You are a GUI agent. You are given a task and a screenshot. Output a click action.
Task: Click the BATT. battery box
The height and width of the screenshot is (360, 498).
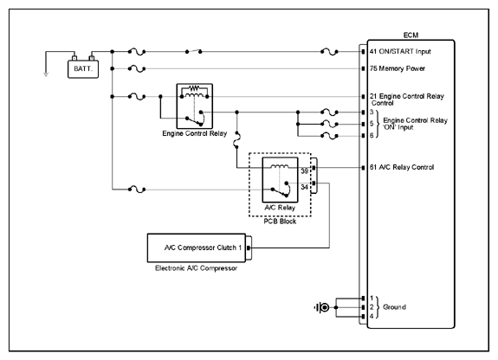tap(83, 68)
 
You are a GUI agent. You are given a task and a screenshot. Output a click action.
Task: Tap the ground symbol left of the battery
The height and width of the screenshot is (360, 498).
tap(46, 74)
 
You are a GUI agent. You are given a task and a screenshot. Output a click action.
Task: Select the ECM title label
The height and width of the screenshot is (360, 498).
tap(411, 35)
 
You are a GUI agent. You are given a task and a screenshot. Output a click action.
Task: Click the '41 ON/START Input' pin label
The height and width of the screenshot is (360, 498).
tap(400, 51)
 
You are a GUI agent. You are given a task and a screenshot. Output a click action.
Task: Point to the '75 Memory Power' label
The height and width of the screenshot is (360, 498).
tap(397, 68)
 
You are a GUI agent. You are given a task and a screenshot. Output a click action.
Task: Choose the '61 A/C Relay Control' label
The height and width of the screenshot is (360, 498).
tap(402, 167)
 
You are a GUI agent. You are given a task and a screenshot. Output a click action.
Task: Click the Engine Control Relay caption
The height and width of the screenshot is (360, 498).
tap(194, 133)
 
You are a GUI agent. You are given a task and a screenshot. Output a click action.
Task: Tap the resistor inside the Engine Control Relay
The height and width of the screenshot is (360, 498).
tap(194, 87)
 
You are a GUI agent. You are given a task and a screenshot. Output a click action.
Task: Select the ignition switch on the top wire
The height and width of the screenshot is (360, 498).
tap(193, 51)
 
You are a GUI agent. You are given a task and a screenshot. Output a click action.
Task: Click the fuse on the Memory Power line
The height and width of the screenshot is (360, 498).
tap(137, 68)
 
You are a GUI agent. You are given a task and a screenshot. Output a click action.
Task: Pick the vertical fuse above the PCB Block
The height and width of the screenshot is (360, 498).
tap(237, 139)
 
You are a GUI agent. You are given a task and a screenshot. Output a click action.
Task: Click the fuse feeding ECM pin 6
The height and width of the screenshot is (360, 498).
tap(329, 136)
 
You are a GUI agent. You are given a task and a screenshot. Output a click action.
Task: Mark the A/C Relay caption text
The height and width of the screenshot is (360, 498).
tap(280, 208)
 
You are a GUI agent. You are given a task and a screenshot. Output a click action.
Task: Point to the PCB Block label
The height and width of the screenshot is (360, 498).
tap(280, 222)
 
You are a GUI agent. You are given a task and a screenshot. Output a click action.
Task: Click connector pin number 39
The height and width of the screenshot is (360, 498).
tap(304, 171)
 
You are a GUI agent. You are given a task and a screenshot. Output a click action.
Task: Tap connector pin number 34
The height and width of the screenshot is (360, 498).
tap(304, 187)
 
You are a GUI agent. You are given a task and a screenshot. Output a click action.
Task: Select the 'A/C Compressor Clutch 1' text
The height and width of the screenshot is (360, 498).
tap(203, 247)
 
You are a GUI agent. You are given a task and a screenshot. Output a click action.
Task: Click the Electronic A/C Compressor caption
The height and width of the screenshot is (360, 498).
tap(196, 268)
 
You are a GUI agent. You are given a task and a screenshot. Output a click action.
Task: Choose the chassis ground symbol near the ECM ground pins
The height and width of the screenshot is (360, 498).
tap(322, 307)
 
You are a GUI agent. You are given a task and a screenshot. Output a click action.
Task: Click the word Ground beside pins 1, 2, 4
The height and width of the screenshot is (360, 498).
tap(394, 307)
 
